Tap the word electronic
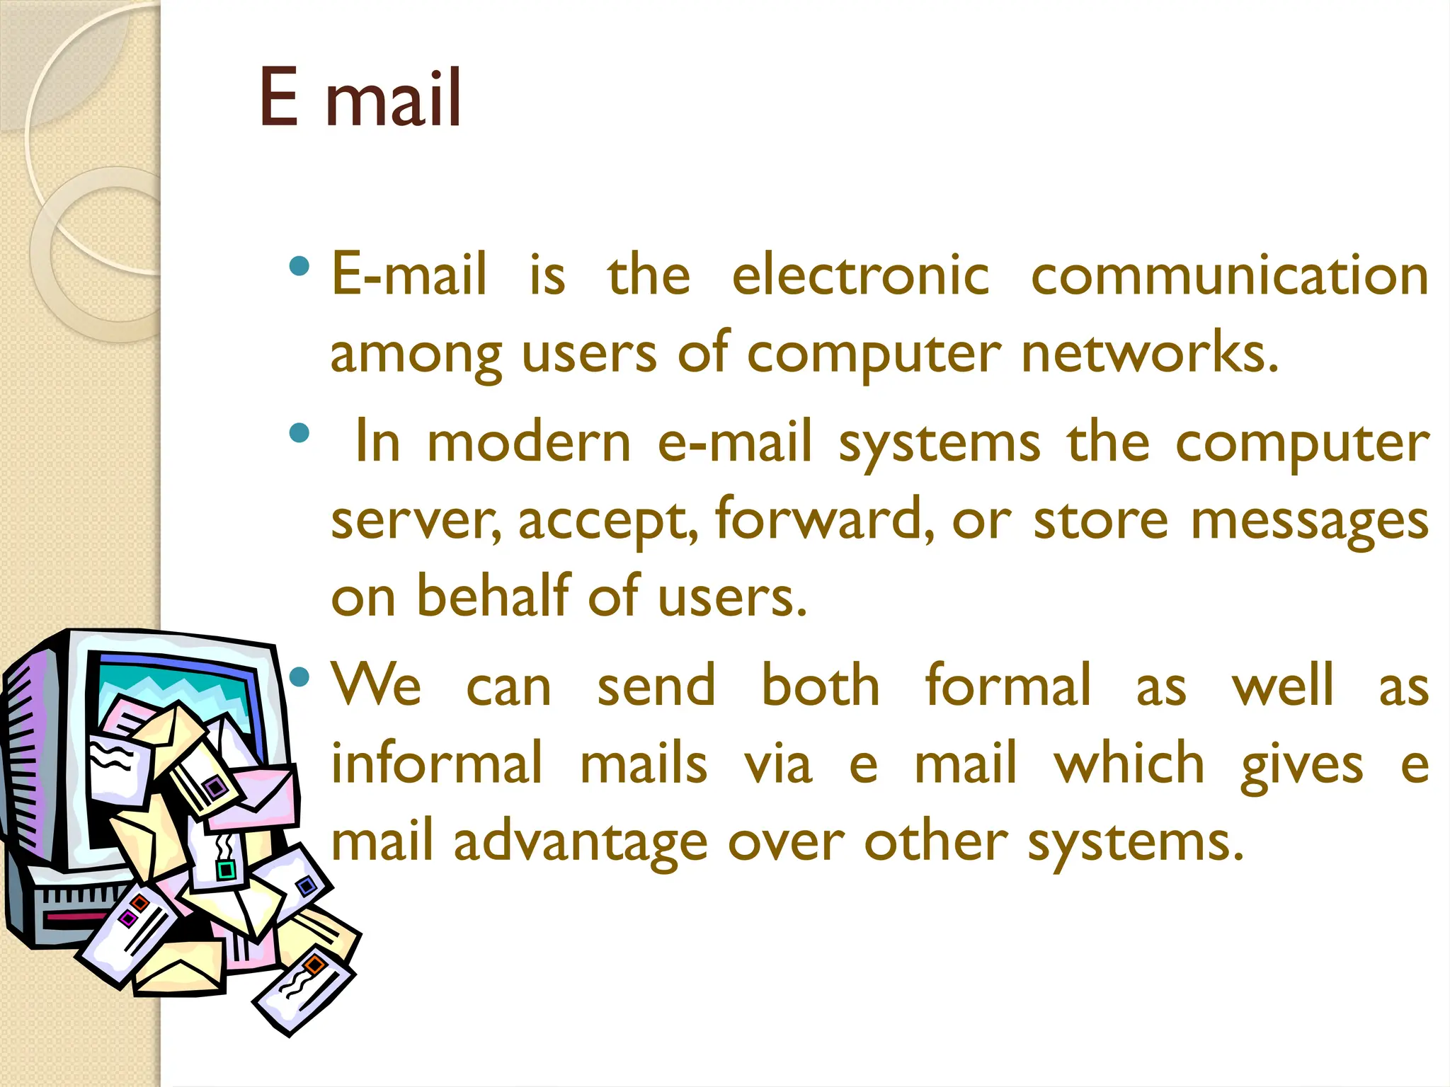(x=860, y=275)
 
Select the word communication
(x=1229, y=275)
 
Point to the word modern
(x=529, y=443)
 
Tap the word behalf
(x=493, y=596)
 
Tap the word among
(x=416, y=354)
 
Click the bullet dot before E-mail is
(x=299, y=267)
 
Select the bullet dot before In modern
(x=299, y=432)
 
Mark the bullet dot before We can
(x=299, y=677)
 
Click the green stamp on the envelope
(x=226, y=869)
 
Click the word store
(x=1100, y=520)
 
